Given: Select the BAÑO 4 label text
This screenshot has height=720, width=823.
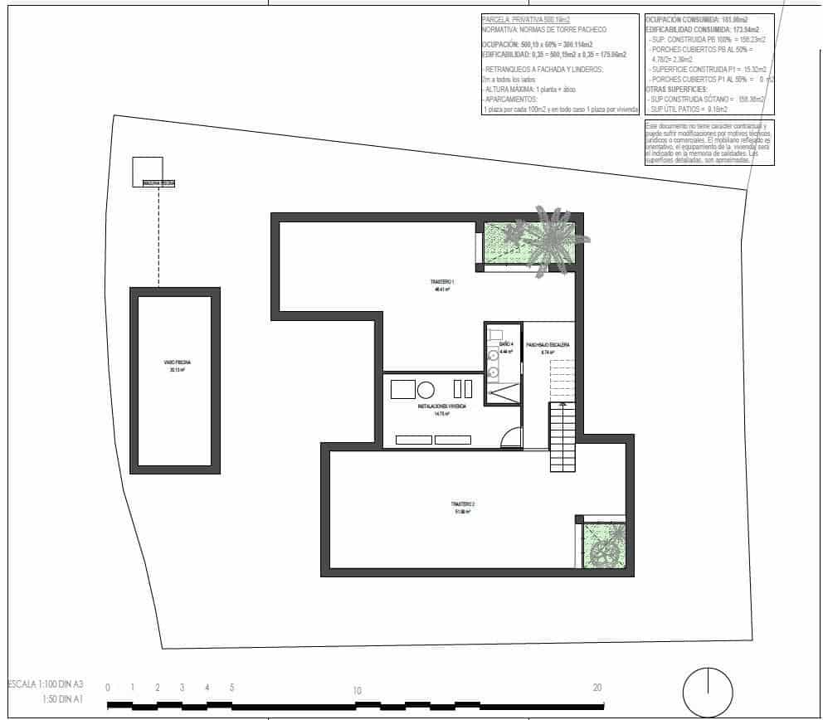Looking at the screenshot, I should click(506, 343).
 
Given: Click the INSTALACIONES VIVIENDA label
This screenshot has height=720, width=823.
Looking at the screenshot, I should click(441, 406).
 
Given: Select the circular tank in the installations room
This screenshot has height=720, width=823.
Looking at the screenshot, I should click(426, 389).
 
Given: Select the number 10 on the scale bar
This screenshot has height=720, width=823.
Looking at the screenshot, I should click(357, 690).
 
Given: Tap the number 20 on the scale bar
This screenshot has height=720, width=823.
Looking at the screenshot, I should click(597, 688).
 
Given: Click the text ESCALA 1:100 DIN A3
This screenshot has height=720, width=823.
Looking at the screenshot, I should click(46, 685).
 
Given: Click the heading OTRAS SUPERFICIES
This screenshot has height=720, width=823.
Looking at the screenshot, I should click(677, 88).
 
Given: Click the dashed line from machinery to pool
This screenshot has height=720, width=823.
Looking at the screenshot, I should click(158, 237).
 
